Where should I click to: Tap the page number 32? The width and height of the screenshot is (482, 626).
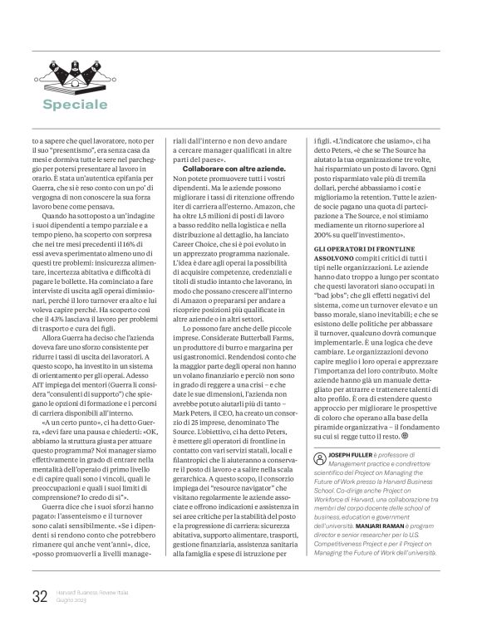39,596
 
